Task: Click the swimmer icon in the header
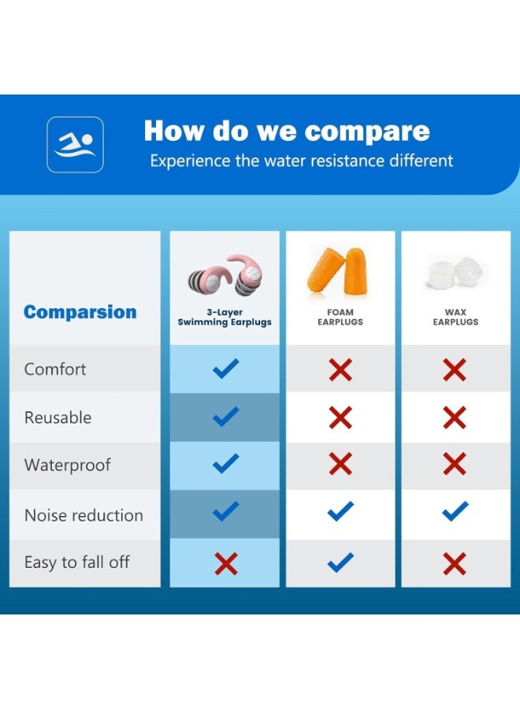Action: point(75,145)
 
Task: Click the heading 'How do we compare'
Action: point(287,131)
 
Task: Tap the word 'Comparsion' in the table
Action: point(80,312)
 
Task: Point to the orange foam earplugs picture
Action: point(338,270)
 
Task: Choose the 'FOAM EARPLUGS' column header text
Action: point(340,317)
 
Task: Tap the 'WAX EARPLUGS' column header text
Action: point(455,317)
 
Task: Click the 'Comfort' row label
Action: point(55,369)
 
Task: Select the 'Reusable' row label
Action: point(58,418)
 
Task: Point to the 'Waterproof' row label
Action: point(68,466)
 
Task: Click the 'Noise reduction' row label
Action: point(84,515)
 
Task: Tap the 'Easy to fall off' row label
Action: point(77,563)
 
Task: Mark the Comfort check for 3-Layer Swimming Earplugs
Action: point(225,369)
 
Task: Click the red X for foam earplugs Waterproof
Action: point(340,464)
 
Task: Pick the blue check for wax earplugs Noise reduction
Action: point(455,511)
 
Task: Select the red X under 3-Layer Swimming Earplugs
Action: point(226,564)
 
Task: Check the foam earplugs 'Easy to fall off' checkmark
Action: point(340,562)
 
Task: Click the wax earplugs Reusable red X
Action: point(455,418)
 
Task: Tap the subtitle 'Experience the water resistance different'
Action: point(302,161)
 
